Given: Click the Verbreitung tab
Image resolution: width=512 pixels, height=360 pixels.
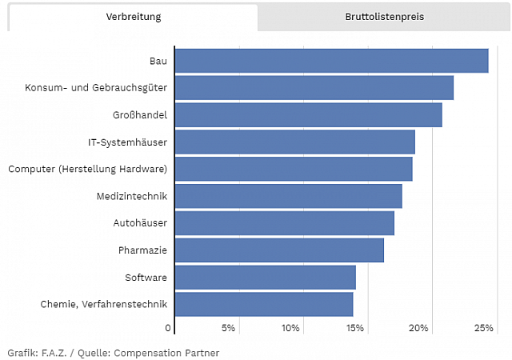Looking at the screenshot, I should (x=133, y=17).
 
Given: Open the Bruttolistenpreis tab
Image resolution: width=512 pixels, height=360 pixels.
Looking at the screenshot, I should (x=385, y=17).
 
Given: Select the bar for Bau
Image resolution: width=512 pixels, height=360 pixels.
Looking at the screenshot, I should (x=331, y=61).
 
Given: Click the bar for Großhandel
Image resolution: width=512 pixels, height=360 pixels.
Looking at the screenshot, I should (x=308, y=115).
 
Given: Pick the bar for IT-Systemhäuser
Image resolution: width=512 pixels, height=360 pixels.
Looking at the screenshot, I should (x=294, y=142).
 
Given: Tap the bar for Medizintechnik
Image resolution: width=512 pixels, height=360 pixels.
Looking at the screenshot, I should (x=288, y=196).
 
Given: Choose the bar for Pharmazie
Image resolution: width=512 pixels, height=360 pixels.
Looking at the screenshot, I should (x=279, y=250).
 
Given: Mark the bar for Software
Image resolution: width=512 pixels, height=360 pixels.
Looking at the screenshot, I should (x=265, y=278).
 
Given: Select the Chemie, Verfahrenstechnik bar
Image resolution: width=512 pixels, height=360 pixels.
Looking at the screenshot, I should (x=263, y=305).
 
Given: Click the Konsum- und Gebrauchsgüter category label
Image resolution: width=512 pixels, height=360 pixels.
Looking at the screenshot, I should (x=96, y=88).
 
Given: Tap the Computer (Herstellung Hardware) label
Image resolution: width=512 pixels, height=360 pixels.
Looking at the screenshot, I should (x=87, y=169).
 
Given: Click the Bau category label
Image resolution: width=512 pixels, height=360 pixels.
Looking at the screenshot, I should (x=158, y=61).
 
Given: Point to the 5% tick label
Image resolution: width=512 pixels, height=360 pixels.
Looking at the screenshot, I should (x=228, y=328).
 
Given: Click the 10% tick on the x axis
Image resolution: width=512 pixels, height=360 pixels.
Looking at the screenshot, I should (x=290, y=328).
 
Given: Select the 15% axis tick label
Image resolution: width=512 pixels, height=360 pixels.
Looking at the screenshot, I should (x=355, y=328).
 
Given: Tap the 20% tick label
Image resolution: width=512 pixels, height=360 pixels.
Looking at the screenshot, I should (x=419, y=328).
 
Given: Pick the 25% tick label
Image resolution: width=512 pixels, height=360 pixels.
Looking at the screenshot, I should (x=483, y=328).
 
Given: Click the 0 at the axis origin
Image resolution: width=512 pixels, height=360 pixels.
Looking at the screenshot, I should (x=169, y=328).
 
